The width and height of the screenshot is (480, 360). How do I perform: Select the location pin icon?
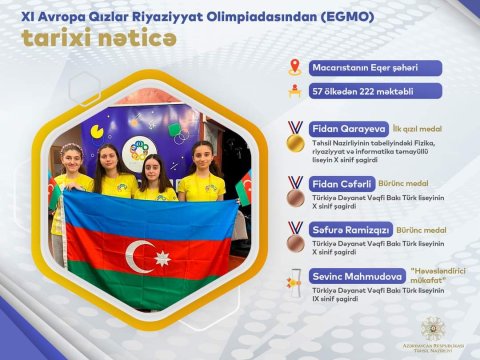click(x=294, y=68)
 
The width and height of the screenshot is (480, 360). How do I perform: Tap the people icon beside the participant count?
click(x=294, y=91)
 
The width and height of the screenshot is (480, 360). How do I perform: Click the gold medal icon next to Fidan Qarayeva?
click(x=294, y=137)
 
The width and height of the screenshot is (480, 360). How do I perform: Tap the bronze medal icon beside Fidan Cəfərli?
click(x=294, y=191)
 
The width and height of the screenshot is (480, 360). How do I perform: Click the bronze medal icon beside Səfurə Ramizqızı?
click(x=294, y=237)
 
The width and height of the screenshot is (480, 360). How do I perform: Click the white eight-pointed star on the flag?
click(x=162, y=259)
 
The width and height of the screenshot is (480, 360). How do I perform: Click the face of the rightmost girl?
click(x=199, y=157)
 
